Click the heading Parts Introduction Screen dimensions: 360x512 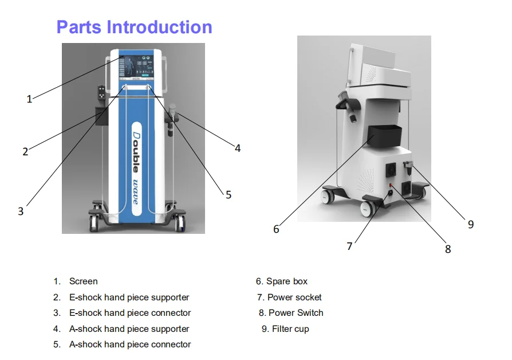pos(134,27)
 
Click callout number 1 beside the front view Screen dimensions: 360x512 pos(29,99)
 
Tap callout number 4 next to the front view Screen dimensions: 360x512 pos(237,148)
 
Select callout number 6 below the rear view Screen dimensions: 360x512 pos(276,229)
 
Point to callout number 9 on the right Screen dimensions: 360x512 pos(471,224)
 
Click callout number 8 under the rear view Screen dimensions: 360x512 pos(448,249)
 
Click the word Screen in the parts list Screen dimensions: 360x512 pos(83,281)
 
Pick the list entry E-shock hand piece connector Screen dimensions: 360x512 pos(130,313)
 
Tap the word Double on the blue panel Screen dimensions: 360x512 pos(136,150)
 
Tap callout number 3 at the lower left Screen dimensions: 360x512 pos(21,211)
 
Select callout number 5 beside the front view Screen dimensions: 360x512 pos(228,195)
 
